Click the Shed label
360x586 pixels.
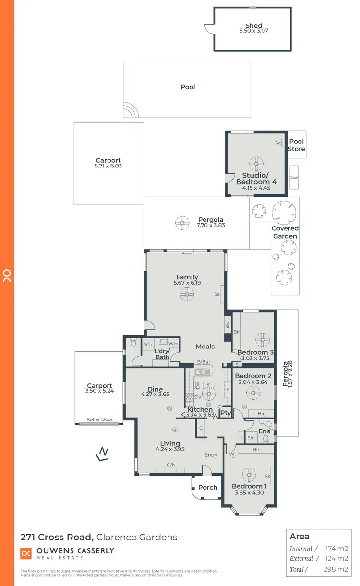(253, 26)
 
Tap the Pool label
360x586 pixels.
(188, 87)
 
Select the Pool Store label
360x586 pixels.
(296, 145)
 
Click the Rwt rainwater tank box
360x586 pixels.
(294, 178)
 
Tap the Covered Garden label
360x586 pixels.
(285, 232)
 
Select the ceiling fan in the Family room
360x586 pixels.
(187, 294)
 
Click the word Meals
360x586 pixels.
(205, 346)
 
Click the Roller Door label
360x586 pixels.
(99, 419)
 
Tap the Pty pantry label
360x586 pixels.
(225, 413)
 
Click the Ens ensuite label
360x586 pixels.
(264, 431)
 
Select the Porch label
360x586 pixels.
(208, 487)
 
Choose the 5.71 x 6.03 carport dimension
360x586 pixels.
(108, 166)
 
